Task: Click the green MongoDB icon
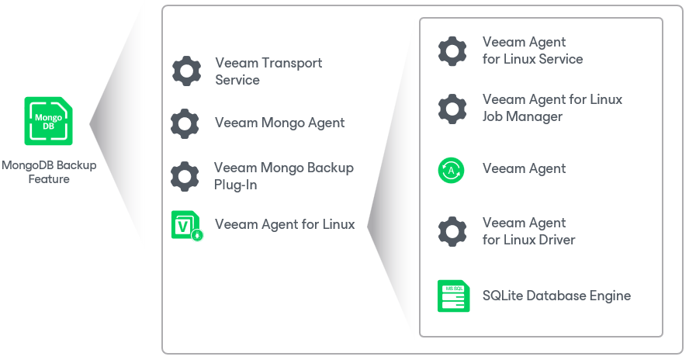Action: pyautogui.click(x=48, y=121)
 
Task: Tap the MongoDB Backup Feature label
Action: pyautogui.click(x=49, y=172)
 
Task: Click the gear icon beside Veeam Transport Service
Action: pyautogui.click(x=187, y=71)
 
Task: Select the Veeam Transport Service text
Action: pyautogui.click(x=268, y=71)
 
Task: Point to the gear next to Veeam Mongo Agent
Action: pyautogui.click(x=185, y=123)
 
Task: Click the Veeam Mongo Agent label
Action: pyautogui.click(x=279, y=123)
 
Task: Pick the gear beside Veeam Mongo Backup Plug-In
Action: pyautogui.click(x=185, y=176)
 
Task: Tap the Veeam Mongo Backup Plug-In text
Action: pyautogui.click(x=284, y=176)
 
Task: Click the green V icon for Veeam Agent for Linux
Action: pyautogui.click(x=187, y=226)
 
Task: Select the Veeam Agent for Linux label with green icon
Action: pyautogui.click(x=285, y=224)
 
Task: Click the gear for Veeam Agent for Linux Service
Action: pyautogui.click(x=452, y=51)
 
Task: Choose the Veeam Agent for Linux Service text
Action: pyautogui.click(x=532, y=50)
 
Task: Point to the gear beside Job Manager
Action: pyautogui.click(x=452, y=109)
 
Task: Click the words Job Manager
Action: pyautogui.click(x=522, y=116)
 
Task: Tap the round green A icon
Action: pyautogui.click(x=452, y=170)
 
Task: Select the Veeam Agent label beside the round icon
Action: pyautogui.click(x=525, y=169)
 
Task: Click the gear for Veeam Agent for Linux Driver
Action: pyautogui.click(x=452, y=231)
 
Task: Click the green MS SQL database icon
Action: pyautogui.click(x=453, y=296)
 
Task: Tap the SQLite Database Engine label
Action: pyautogui.click(x=557, y=296)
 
